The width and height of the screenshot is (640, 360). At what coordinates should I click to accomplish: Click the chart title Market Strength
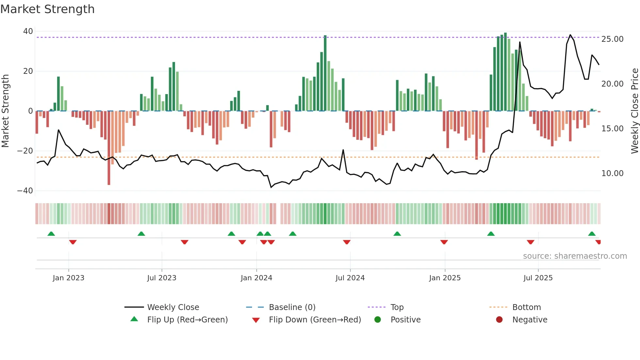[x=47, y=9]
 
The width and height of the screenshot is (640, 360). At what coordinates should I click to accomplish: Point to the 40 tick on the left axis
[x=28, y=31]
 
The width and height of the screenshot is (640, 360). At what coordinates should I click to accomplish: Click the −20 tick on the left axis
[x=25, y=151]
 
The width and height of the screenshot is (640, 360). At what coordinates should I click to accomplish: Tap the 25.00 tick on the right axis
[x=612, y=39]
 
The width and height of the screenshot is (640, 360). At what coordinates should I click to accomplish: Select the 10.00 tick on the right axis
[x=612, y=173]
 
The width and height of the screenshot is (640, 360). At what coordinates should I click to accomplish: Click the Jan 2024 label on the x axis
[x=256, y=278]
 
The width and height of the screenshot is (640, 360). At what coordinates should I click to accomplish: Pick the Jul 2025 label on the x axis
[x=538, y=278]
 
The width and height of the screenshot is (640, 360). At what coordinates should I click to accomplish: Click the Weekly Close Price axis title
[x=634, y=111]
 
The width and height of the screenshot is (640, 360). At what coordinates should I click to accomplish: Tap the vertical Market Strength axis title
[x=6, y=111]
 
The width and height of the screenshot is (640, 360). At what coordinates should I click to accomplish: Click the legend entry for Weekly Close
[x=173, y=307]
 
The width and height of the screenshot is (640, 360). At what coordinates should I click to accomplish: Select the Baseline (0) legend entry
[x=292, y=307]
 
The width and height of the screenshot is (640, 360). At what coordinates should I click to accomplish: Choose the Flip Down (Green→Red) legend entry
[x=314, y=320]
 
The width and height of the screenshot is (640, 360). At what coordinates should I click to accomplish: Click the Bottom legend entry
[x=526, y=307]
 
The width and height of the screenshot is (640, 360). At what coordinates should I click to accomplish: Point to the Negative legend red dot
[x=499, y=320]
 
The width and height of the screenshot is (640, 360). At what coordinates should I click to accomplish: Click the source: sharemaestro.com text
[x=575, y=256]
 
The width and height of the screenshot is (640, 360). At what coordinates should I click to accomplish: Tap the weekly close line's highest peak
[x=570, y=35]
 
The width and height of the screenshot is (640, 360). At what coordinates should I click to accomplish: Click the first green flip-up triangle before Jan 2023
[x=51, y=234]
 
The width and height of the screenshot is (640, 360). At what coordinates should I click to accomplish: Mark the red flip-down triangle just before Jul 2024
[x=347, y=242]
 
